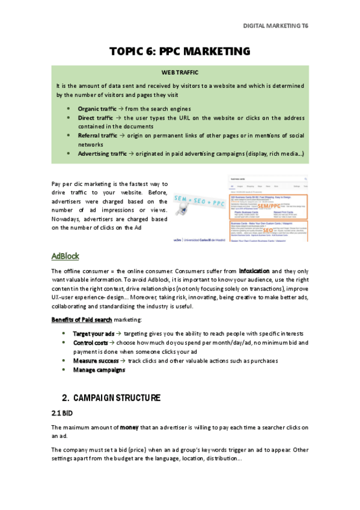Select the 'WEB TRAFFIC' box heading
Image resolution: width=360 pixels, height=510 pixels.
180,72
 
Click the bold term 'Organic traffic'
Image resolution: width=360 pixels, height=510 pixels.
97,108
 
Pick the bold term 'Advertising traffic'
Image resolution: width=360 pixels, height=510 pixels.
102,155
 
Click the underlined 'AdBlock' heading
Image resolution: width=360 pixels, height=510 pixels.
65,256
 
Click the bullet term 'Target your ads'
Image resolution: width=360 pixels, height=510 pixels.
93,333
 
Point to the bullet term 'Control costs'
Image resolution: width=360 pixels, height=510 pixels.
91,342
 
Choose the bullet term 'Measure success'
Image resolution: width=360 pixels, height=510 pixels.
96,361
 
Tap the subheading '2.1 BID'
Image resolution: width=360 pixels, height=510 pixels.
61,413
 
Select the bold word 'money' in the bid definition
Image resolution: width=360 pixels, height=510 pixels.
129,427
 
